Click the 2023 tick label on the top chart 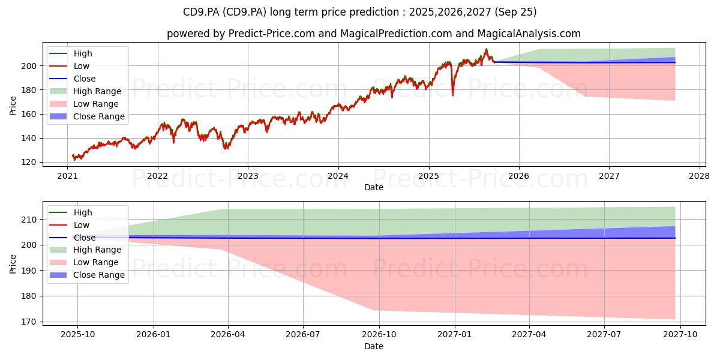click(x=248, y=176)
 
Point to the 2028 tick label click(x=700, y=176)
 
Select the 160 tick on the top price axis click(x=29, y=114)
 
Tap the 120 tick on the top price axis click(x=29, y=163)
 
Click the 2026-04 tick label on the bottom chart click(x=228, y=334)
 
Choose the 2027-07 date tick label click(x=604, y=334)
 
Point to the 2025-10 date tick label click(x=78, y=334)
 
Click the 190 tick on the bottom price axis click(x=29, y=271)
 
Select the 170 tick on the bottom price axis click(x=29, y=322)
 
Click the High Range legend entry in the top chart click(x=85, y=91)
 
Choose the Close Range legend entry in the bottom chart click(x=87, y=275)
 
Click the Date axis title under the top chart click(x=373, y=187)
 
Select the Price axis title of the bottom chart click(x=13, y=264)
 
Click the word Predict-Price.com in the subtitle click(x=272, y=34)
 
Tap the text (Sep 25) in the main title click(x=515, y=12)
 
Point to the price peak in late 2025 click(x=487, y=49)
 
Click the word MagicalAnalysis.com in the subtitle click(x=529, y=34)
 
